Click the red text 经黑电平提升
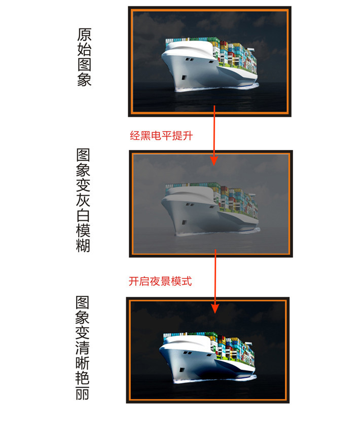pyautogui.click(x=161, y=136)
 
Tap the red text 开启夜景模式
pyautogui.click(x=160, y=281)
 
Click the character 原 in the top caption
pyautogui.click(x=84, y=35)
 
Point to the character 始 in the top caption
pyautogui.click(x=84, y=50)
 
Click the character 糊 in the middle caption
pyautogui.click(x=83, y=245)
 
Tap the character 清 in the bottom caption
pyautogui.click(x=82, y=348)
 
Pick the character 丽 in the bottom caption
pyautogui.click(x=82, y=393)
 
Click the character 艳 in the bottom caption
pyautogui.click(x=82, y=378)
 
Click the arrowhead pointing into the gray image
pyautogui.click(x=214, y=161)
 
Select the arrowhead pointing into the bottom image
pyautogui.click(x=215, y=309)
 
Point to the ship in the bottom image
pyautogui.click(x=208, y=357)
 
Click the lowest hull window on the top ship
pyautogui.click(x=184, y=78)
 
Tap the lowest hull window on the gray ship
pyautogui.click(x=184, y=222)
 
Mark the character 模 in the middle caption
pyautogui.click(x=83, y=230)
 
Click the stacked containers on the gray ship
pyautogui.click(x=236, y=200)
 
